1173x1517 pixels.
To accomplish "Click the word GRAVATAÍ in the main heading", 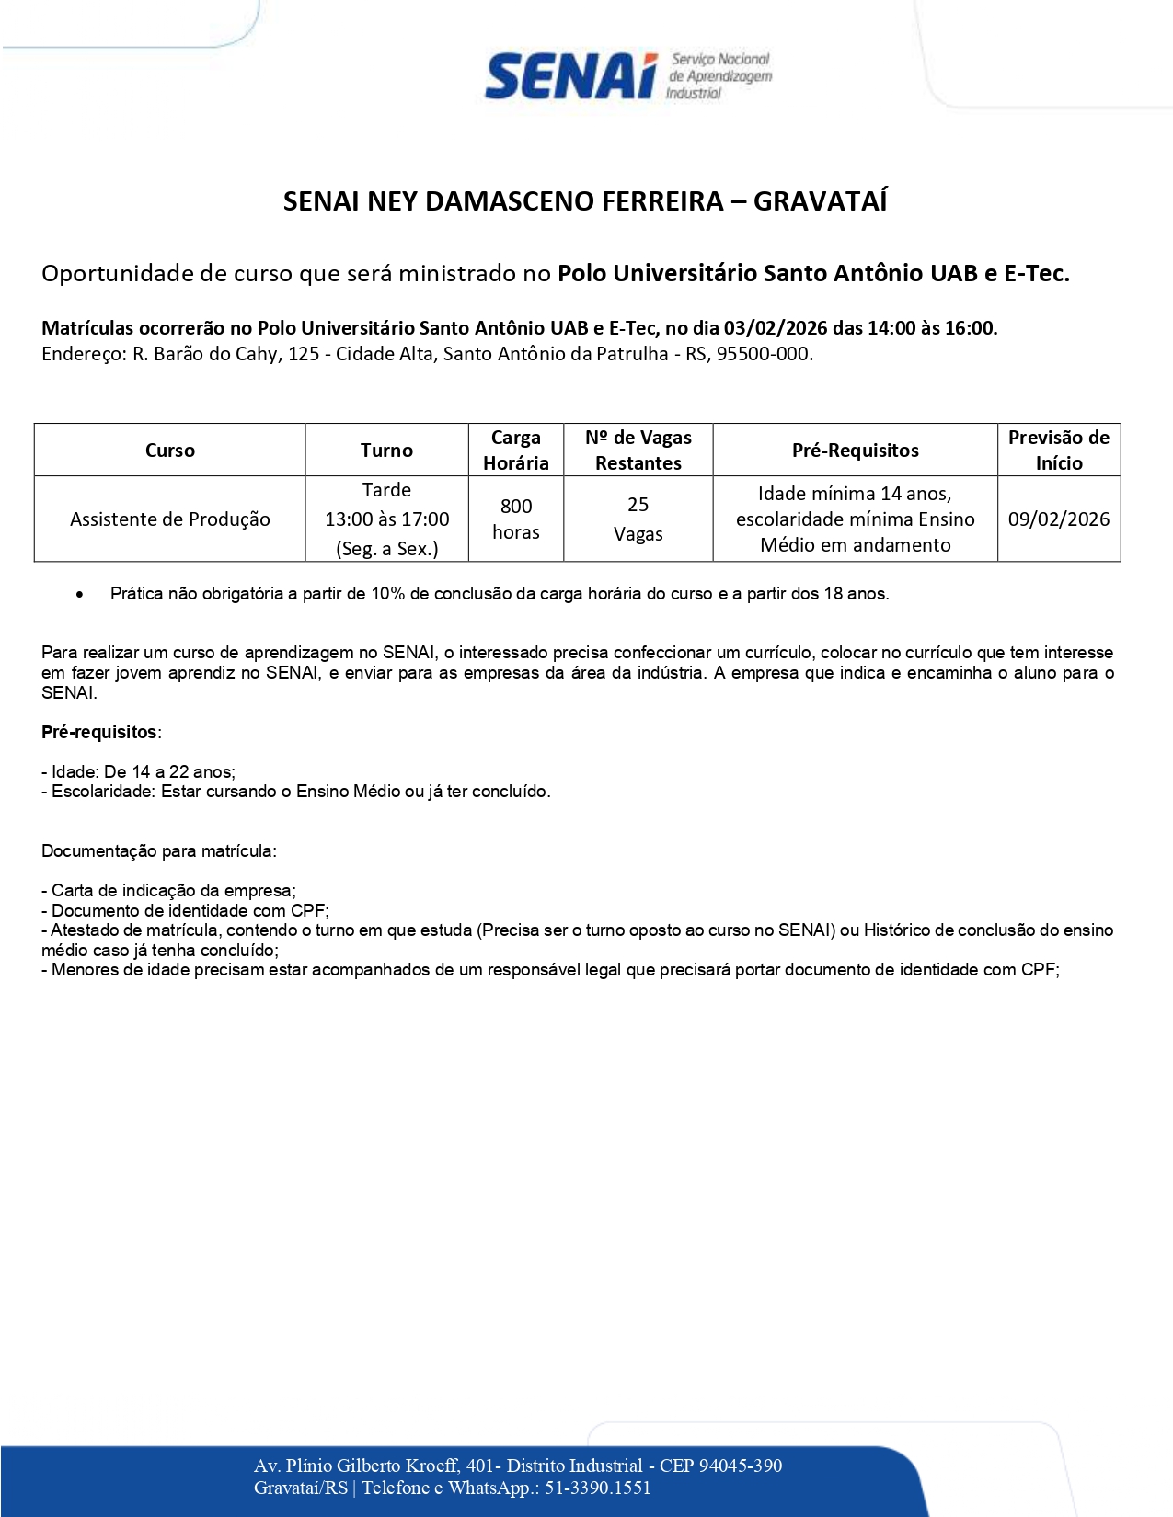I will pyautogui.click(x=820, y=201).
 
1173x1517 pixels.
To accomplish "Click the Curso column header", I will pyautogui.click(x=170, y=451).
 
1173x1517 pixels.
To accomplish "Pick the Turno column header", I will pyautogui.click(x=386, y=451).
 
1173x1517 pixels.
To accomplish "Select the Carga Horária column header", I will pyautogui.click(x=515, y=451).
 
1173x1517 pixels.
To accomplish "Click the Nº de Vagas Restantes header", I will pyautogui.click(x=638, y=451).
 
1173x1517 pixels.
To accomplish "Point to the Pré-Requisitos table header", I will pyautogui.click(x=855, y=451).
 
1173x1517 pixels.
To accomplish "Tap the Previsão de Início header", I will pyautogui.click(x=1058, y=451).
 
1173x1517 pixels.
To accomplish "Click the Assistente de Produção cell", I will pyautogui.click(x=170, y=519).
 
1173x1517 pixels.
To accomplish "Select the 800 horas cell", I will pyautogui.click(x=515, y=519).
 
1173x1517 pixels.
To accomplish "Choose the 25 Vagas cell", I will pyautogui.click(x=638, y=519).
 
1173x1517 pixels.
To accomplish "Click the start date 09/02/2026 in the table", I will pyautogui.click(x=1058, y=519).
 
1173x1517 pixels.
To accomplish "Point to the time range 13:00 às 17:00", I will pyautogui.click(x=386, y=519).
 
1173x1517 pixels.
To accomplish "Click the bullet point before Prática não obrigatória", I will pyautogui.click(x=81, y=595).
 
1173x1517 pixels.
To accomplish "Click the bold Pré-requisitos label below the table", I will pyautogui.click(x=100, y=733).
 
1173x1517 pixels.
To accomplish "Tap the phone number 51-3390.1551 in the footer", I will pyautogui.click(x=597, y=1488).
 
